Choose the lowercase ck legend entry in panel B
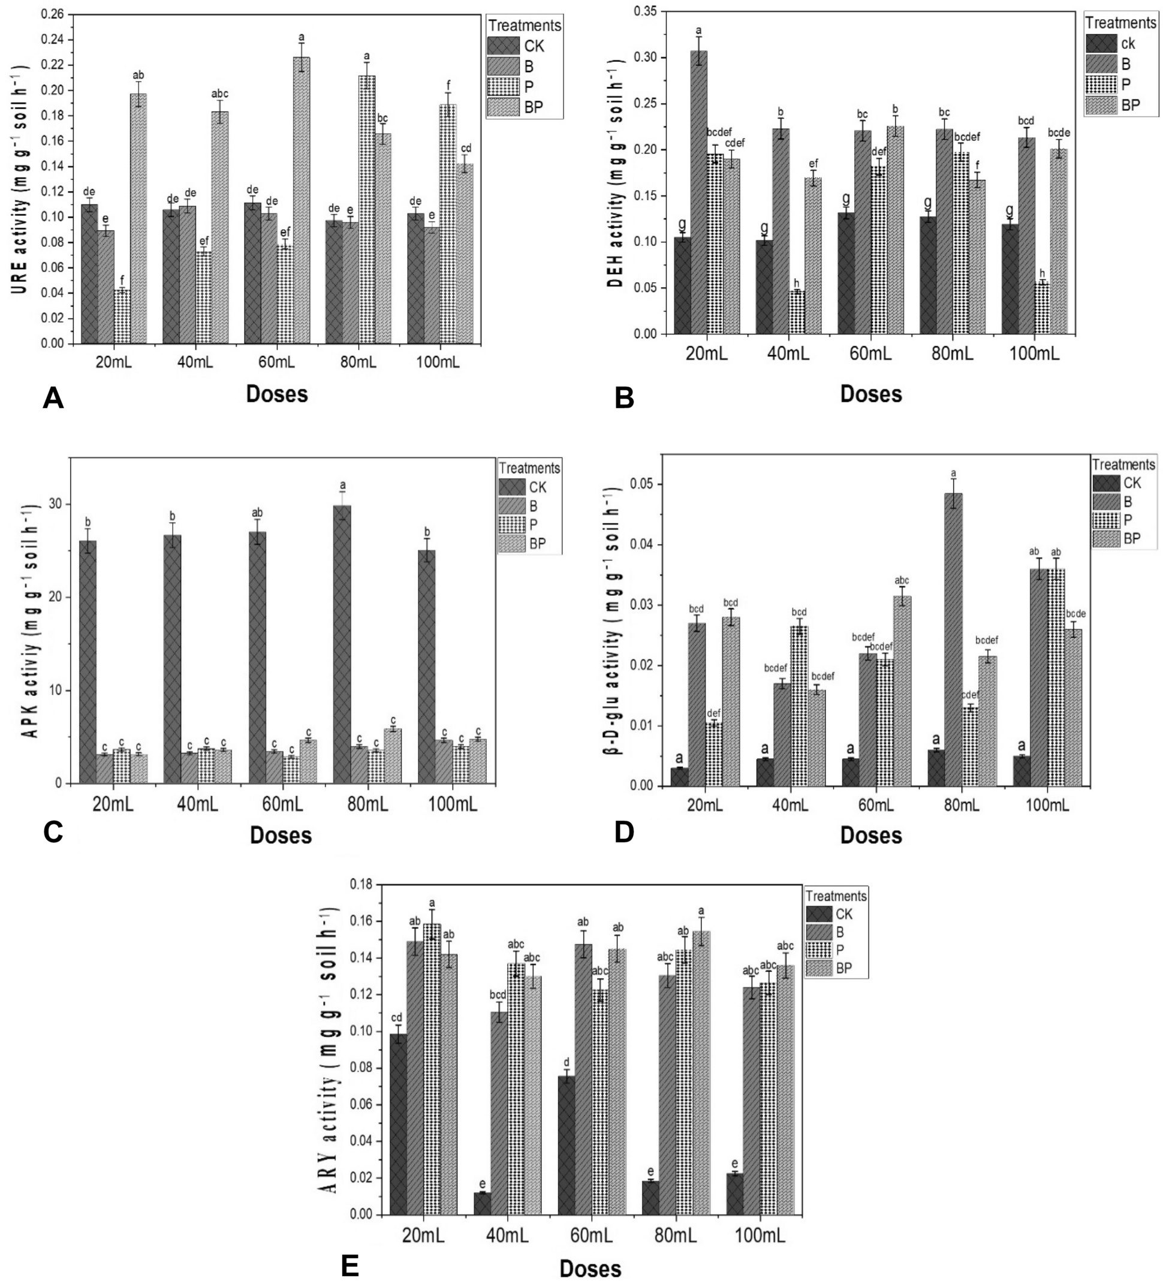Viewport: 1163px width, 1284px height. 1128,44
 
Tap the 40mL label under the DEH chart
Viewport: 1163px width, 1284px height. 788,354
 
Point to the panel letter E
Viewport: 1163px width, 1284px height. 349,1265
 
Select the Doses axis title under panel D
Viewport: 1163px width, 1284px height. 870,835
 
